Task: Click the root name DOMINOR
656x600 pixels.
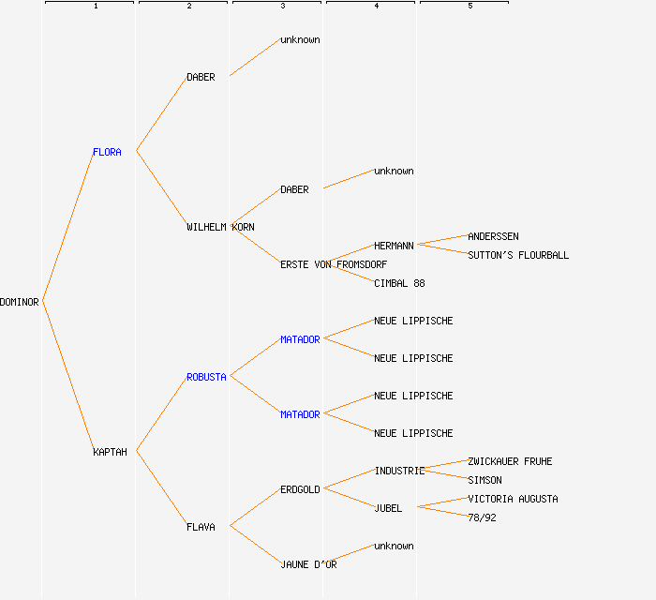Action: pos(20,302)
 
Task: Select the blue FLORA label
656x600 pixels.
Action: pos(107,152)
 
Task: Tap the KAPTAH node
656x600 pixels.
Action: pos(110,452)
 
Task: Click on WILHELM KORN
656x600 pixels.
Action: pos(220,227)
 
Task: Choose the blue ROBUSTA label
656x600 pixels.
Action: pos(206,377)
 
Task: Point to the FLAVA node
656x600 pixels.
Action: pos(201,527)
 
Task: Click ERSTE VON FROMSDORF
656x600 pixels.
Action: pos(334,264)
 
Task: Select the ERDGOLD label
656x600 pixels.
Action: pos(300,489)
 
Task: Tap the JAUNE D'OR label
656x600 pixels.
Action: pos(308,564)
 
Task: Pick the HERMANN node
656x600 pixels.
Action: pos(394,246)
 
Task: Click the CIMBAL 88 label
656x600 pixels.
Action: pos(399,283)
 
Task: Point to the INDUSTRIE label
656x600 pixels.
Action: pos(399,471)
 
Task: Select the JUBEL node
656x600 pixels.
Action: pos(388,508)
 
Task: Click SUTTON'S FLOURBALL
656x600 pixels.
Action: pos(518,255)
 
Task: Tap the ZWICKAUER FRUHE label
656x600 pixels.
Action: pos(510,461)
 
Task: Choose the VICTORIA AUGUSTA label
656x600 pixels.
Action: pos(513,499)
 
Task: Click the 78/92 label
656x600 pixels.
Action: pos(482,517)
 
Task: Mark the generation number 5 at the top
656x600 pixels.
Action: pos(470,7)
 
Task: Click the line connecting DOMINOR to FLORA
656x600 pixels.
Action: pos(67,226)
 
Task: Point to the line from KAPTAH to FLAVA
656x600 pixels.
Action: pos(161,489)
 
